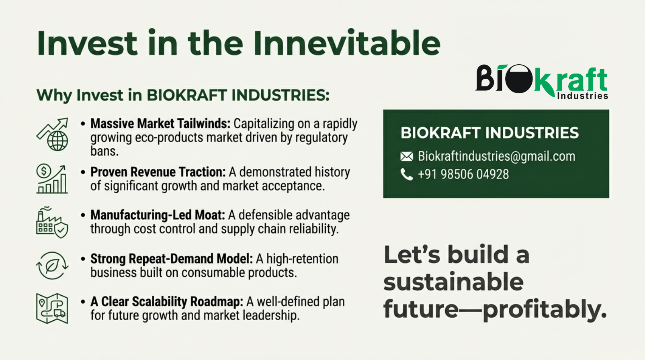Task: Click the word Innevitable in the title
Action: [347, 43]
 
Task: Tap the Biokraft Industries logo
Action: [542, 82]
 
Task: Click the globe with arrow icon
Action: [52, 134]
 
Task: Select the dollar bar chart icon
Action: [52, 179]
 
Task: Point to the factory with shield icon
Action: [52, 222]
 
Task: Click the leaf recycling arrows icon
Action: [52, 266]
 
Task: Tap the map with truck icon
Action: [52, 309]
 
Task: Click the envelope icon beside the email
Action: [407, 156]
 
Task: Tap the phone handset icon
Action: [407, 174]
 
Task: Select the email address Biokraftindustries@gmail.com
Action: [496, 156]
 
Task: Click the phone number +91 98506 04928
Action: [463, 174]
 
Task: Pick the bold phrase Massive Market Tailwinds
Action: [160, 124]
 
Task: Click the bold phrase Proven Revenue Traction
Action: [158, 172]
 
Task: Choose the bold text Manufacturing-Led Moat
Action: [158, 215]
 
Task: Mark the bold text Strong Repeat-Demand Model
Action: [172, 259]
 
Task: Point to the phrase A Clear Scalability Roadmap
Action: [167, 301]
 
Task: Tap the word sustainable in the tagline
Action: [454, 282]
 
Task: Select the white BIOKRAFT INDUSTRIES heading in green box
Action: [489, 133]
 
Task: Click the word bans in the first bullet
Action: [104, 151]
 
